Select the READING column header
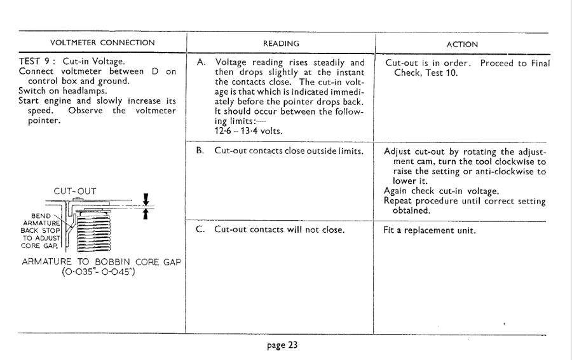click(x=280, y=43)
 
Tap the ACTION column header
click(x=462, y=44)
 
